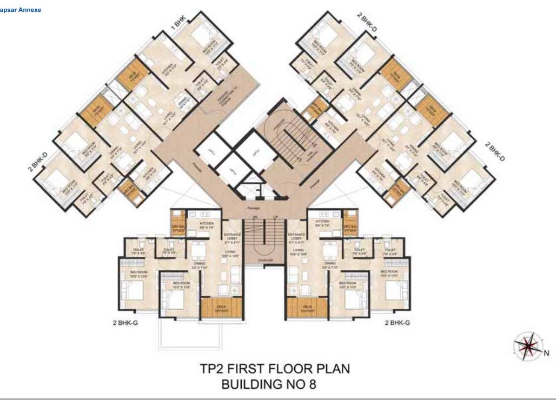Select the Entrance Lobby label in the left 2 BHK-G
coord(234,236)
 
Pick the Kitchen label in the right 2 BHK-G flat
coord(322,223)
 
